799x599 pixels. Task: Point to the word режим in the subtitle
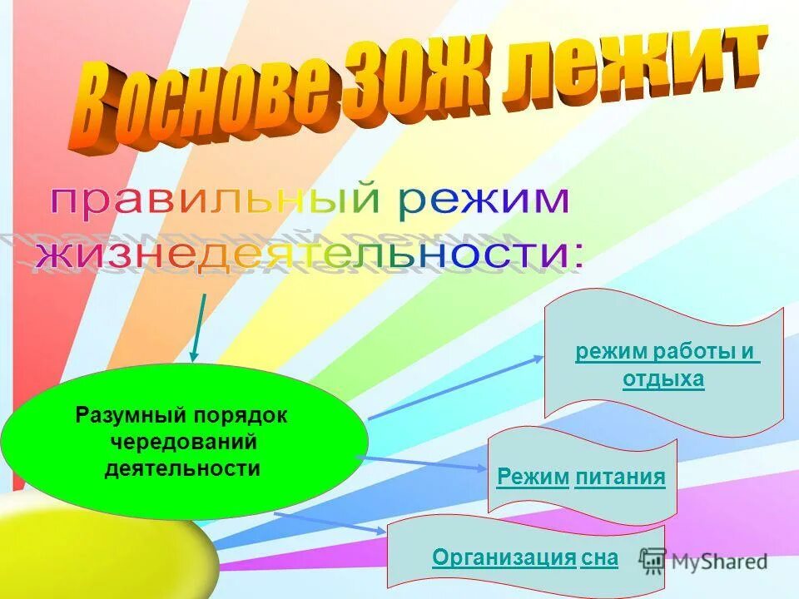[483, 201]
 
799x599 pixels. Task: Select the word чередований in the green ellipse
[182, 442]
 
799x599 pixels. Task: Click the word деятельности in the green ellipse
[182, 468]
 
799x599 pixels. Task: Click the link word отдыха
[663, 379]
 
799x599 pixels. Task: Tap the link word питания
[619, 477]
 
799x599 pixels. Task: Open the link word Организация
[504, 557]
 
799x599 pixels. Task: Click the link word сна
[600, 557]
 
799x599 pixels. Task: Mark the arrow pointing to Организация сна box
[330, 522]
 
